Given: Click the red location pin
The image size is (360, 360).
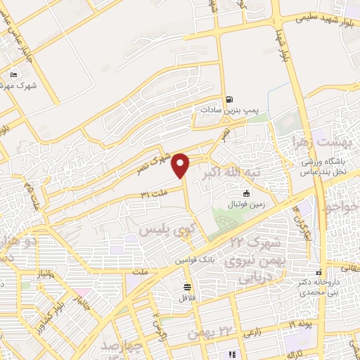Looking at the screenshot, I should coord(181,165).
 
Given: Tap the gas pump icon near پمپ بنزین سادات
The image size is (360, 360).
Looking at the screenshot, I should coord(230,99).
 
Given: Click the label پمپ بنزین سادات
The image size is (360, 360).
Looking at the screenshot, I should coord(225,111).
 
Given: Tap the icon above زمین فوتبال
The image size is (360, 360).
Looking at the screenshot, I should coord(246,193).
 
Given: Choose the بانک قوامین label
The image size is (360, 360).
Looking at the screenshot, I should coord(195,259).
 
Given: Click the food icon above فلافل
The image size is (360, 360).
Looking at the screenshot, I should coord(186,286).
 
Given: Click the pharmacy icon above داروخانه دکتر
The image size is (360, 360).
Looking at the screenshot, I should coord(319,271).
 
